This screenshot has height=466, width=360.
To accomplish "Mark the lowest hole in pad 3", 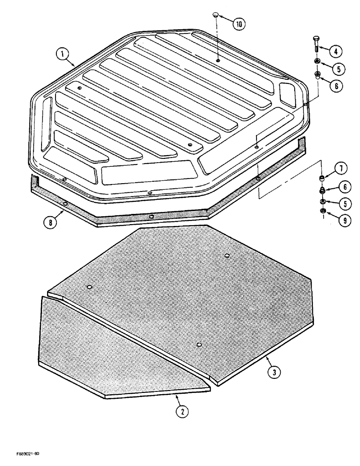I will pos(199,344).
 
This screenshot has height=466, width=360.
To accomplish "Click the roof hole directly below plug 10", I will pos(218,60).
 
